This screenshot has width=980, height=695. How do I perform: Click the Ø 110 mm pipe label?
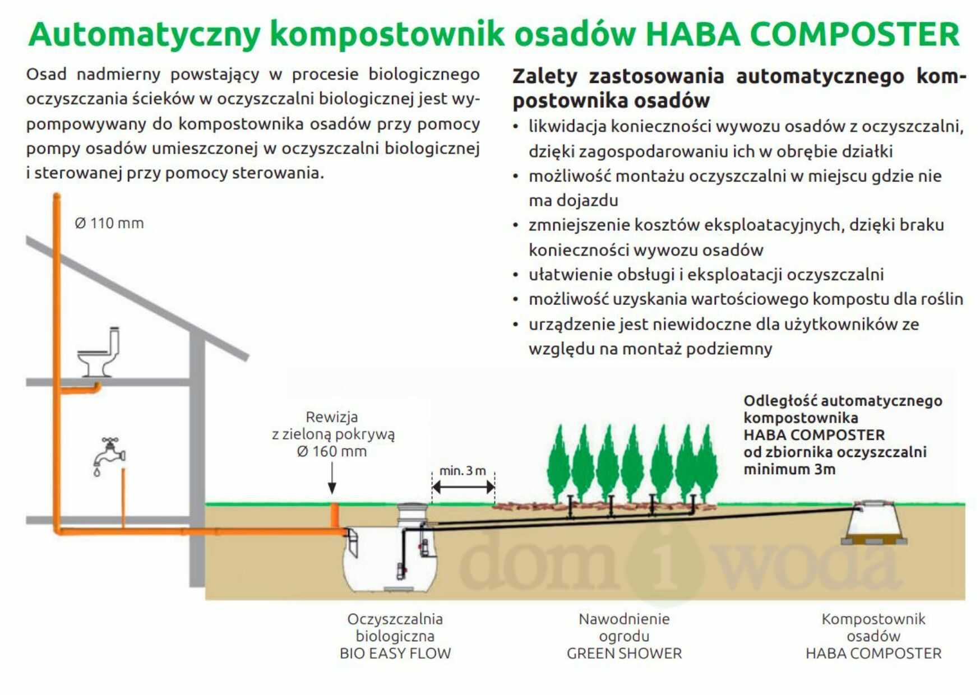tap(109, 223)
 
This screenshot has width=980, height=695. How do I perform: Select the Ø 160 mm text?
tap(332, 451)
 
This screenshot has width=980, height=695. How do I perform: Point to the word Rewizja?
tap(332, 417)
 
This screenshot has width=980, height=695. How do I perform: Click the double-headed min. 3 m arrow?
tap(463, 487)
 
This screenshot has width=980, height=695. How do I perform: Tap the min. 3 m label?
tap(463, 471)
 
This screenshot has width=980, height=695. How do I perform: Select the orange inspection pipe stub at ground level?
tap(334, 515)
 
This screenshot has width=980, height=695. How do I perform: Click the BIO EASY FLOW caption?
tap(395, 654)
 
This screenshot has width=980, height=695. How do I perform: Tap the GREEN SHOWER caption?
tap(624, 654)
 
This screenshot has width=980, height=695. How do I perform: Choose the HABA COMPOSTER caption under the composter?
tap(873, 654)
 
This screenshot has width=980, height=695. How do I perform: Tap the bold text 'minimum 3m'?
tap(789, 469)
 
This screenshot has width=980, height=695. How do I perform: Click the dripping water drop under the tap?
tap(97, 472)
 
